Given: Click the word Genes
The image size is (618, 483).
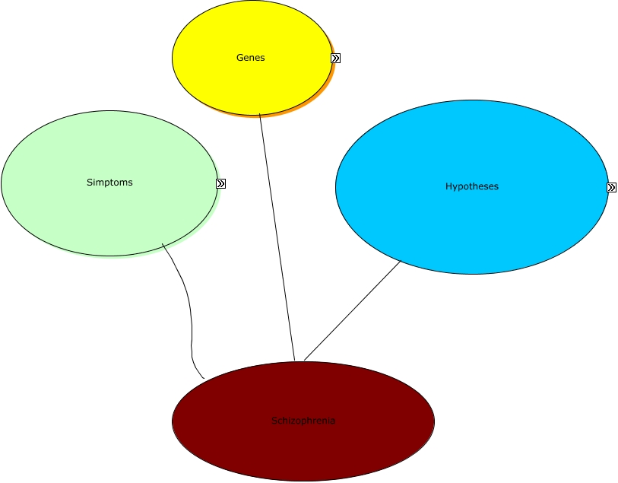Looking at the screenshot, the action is [251, 58].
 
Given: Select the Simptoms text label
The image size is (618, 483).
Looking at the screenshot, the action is [109, 183].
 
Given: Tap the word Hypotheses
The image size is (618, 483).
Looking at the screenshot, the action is [472, 186].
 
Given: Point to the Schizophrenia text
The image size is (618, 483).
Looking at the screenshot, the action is [303, 421].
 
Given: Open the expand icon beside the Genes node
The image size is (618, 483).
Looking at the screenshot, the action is [335, 58].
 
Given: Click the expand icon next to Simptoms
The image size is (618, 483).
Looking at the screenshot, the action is [220, 183].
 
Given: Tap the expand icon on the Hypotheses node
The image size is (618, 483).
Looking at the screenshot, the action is [611, 187].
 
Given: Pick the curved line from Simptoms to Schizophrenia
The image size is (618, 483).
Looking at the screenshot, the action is [188, 304].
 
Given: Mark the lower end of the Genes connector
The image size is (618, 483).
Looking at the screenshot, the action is [294, 360].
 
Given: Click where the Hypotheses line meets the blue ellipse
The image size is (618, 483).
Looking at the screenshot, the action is [401, 261].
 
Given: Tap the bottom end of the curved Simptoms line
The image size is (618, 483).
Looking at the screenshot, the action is [204, 378].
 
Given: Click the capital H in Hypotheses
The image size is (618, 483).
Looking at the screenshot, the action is [448, 186].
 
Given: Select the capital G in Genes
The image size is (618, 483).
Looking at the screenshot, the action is [239, 58].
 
